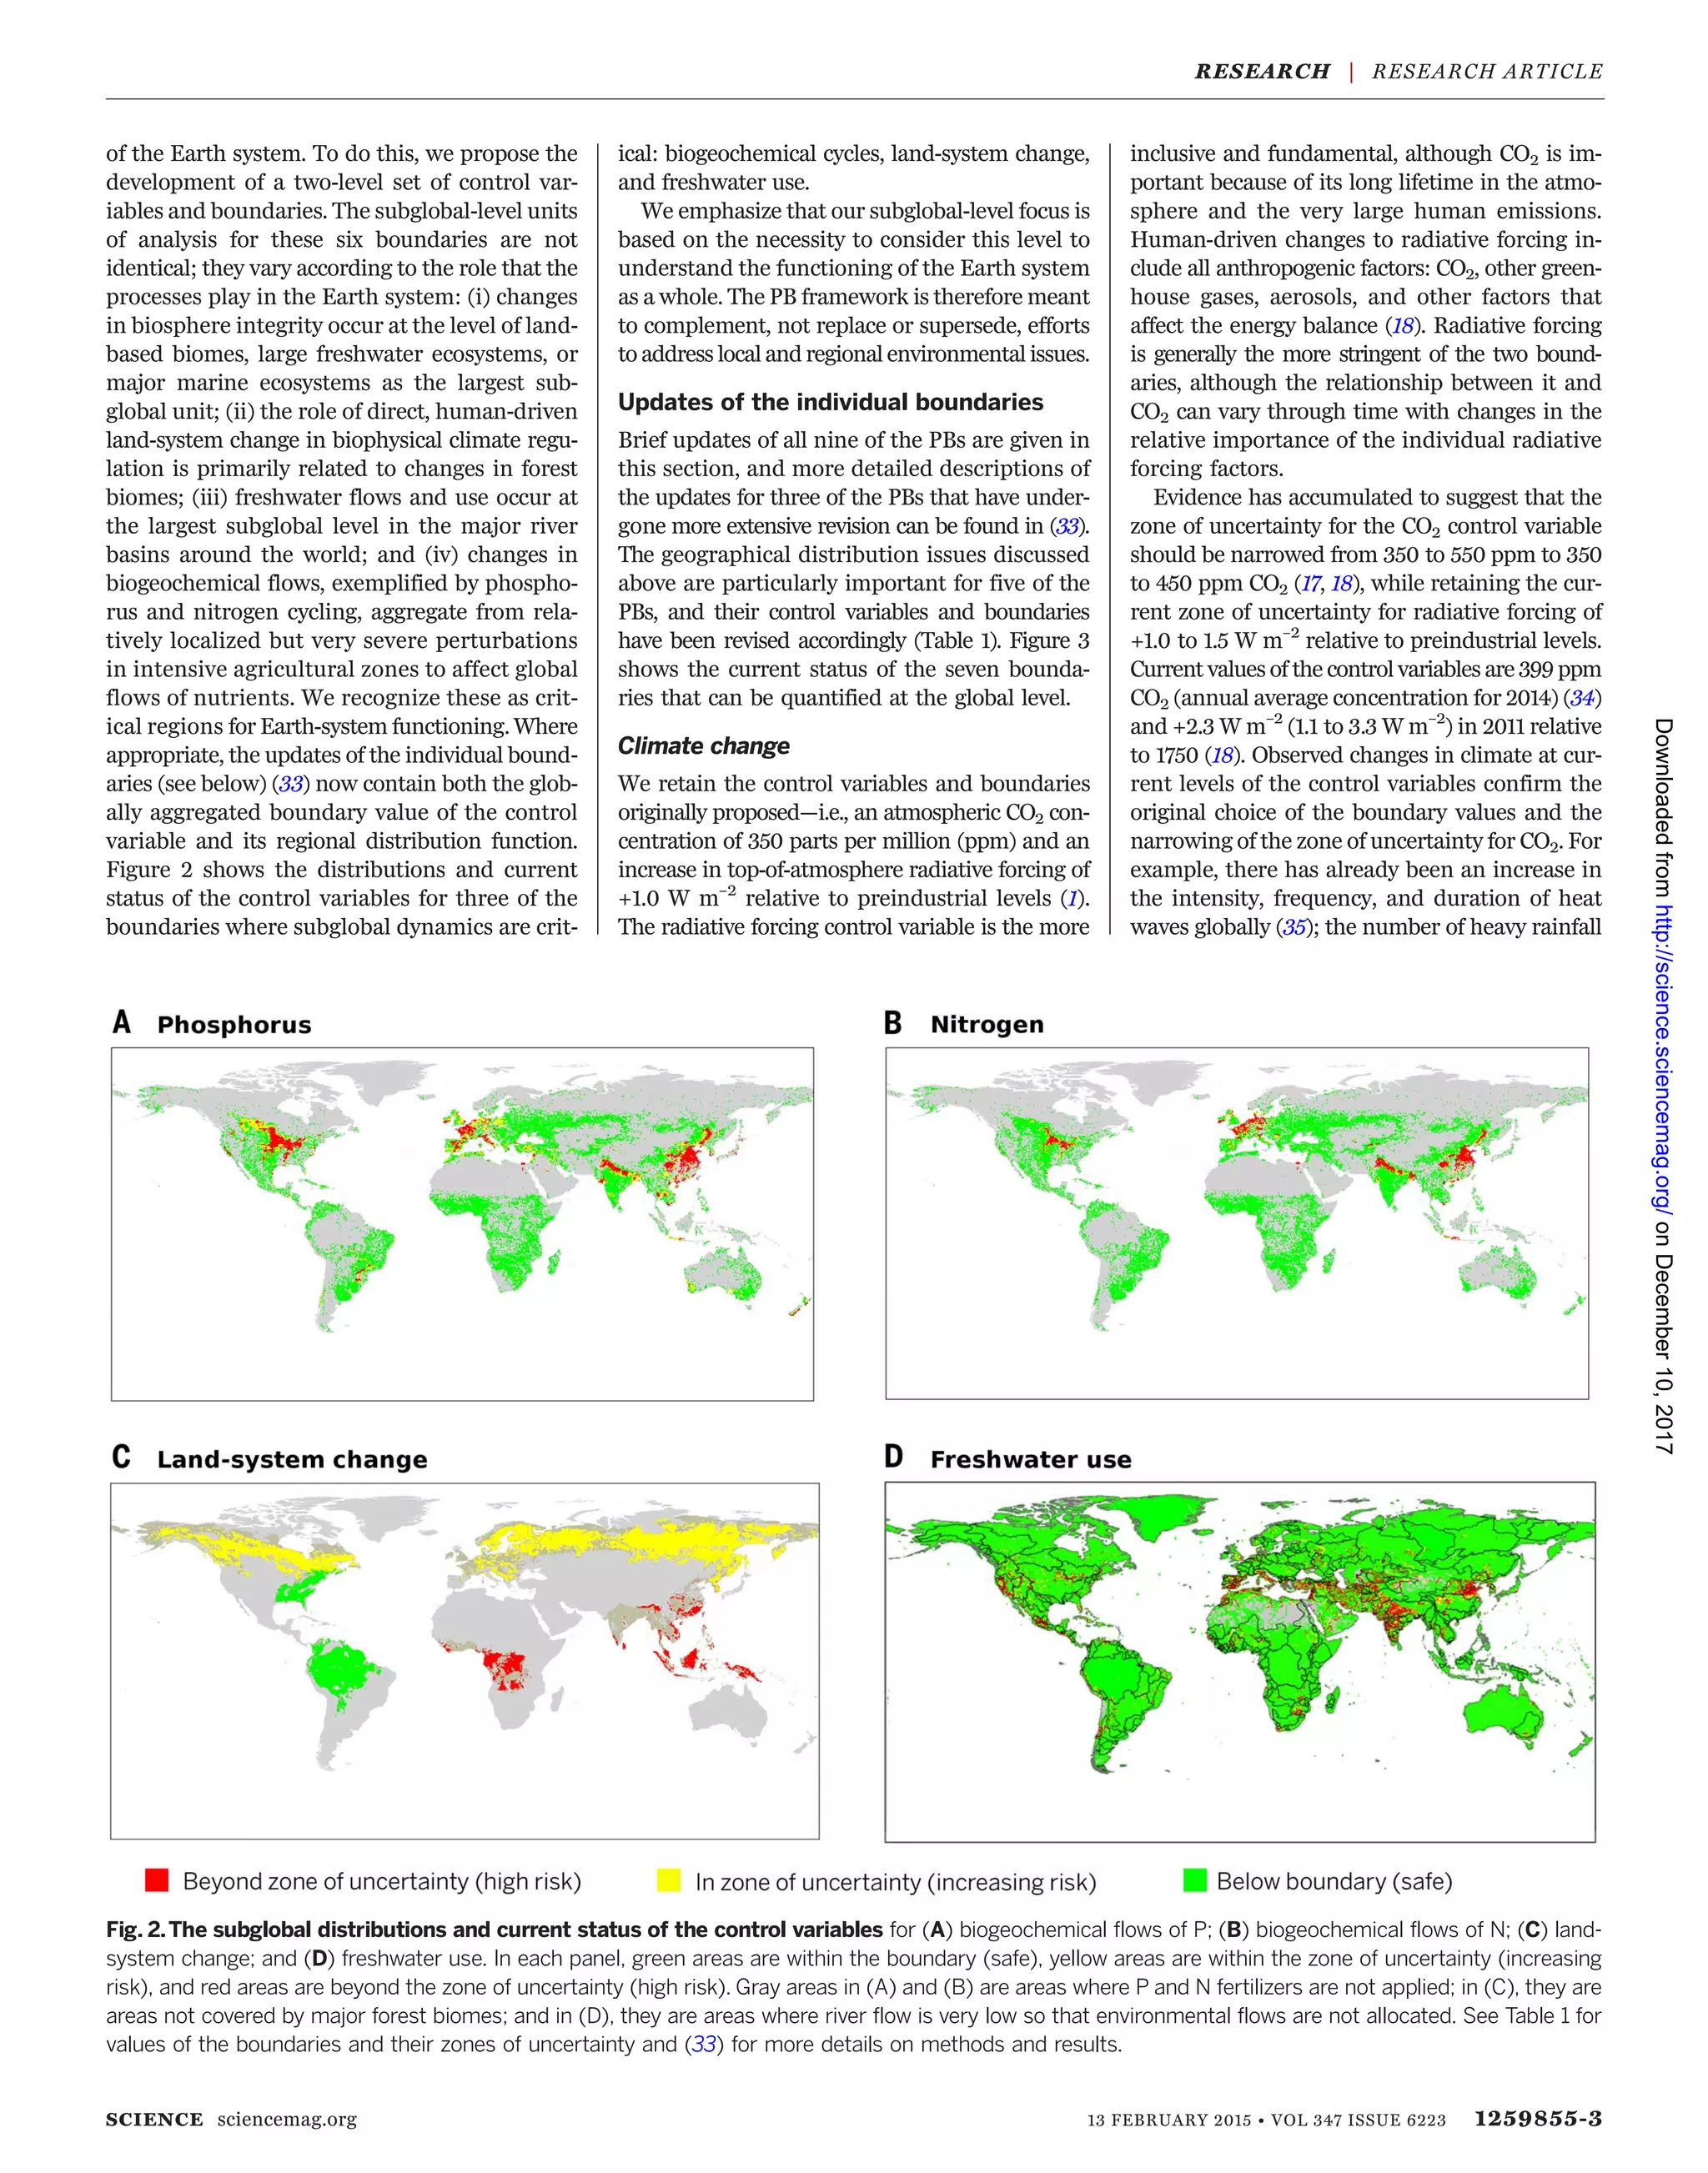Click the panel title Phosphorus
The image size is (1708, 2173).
[234, 1025]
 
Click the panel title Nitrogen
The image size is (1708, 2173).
[986, 1024]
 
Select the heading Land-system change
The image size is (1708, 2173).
[292, 1459]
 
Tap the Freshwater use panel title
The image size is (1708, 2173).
[1030, 1459]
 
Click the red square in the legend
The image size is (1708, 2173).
[157, 1880]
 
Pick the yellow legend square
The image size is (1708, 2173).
[668, 1880]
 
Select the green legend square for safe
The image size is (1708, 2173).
[1194, 1880]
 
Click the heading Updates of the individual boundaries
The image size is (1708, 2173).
[830, 402]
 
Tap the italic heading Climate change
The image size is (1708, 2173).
[703, 746]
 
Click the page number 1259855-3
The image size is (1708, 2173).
[1538, 2118]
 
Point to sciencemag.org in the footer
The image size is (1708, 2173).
[286, 2119]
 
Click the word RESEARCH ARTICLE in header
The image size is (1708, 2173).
[1487, 72]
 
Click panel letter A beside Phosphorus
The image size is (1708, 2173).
[122, 1023]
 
